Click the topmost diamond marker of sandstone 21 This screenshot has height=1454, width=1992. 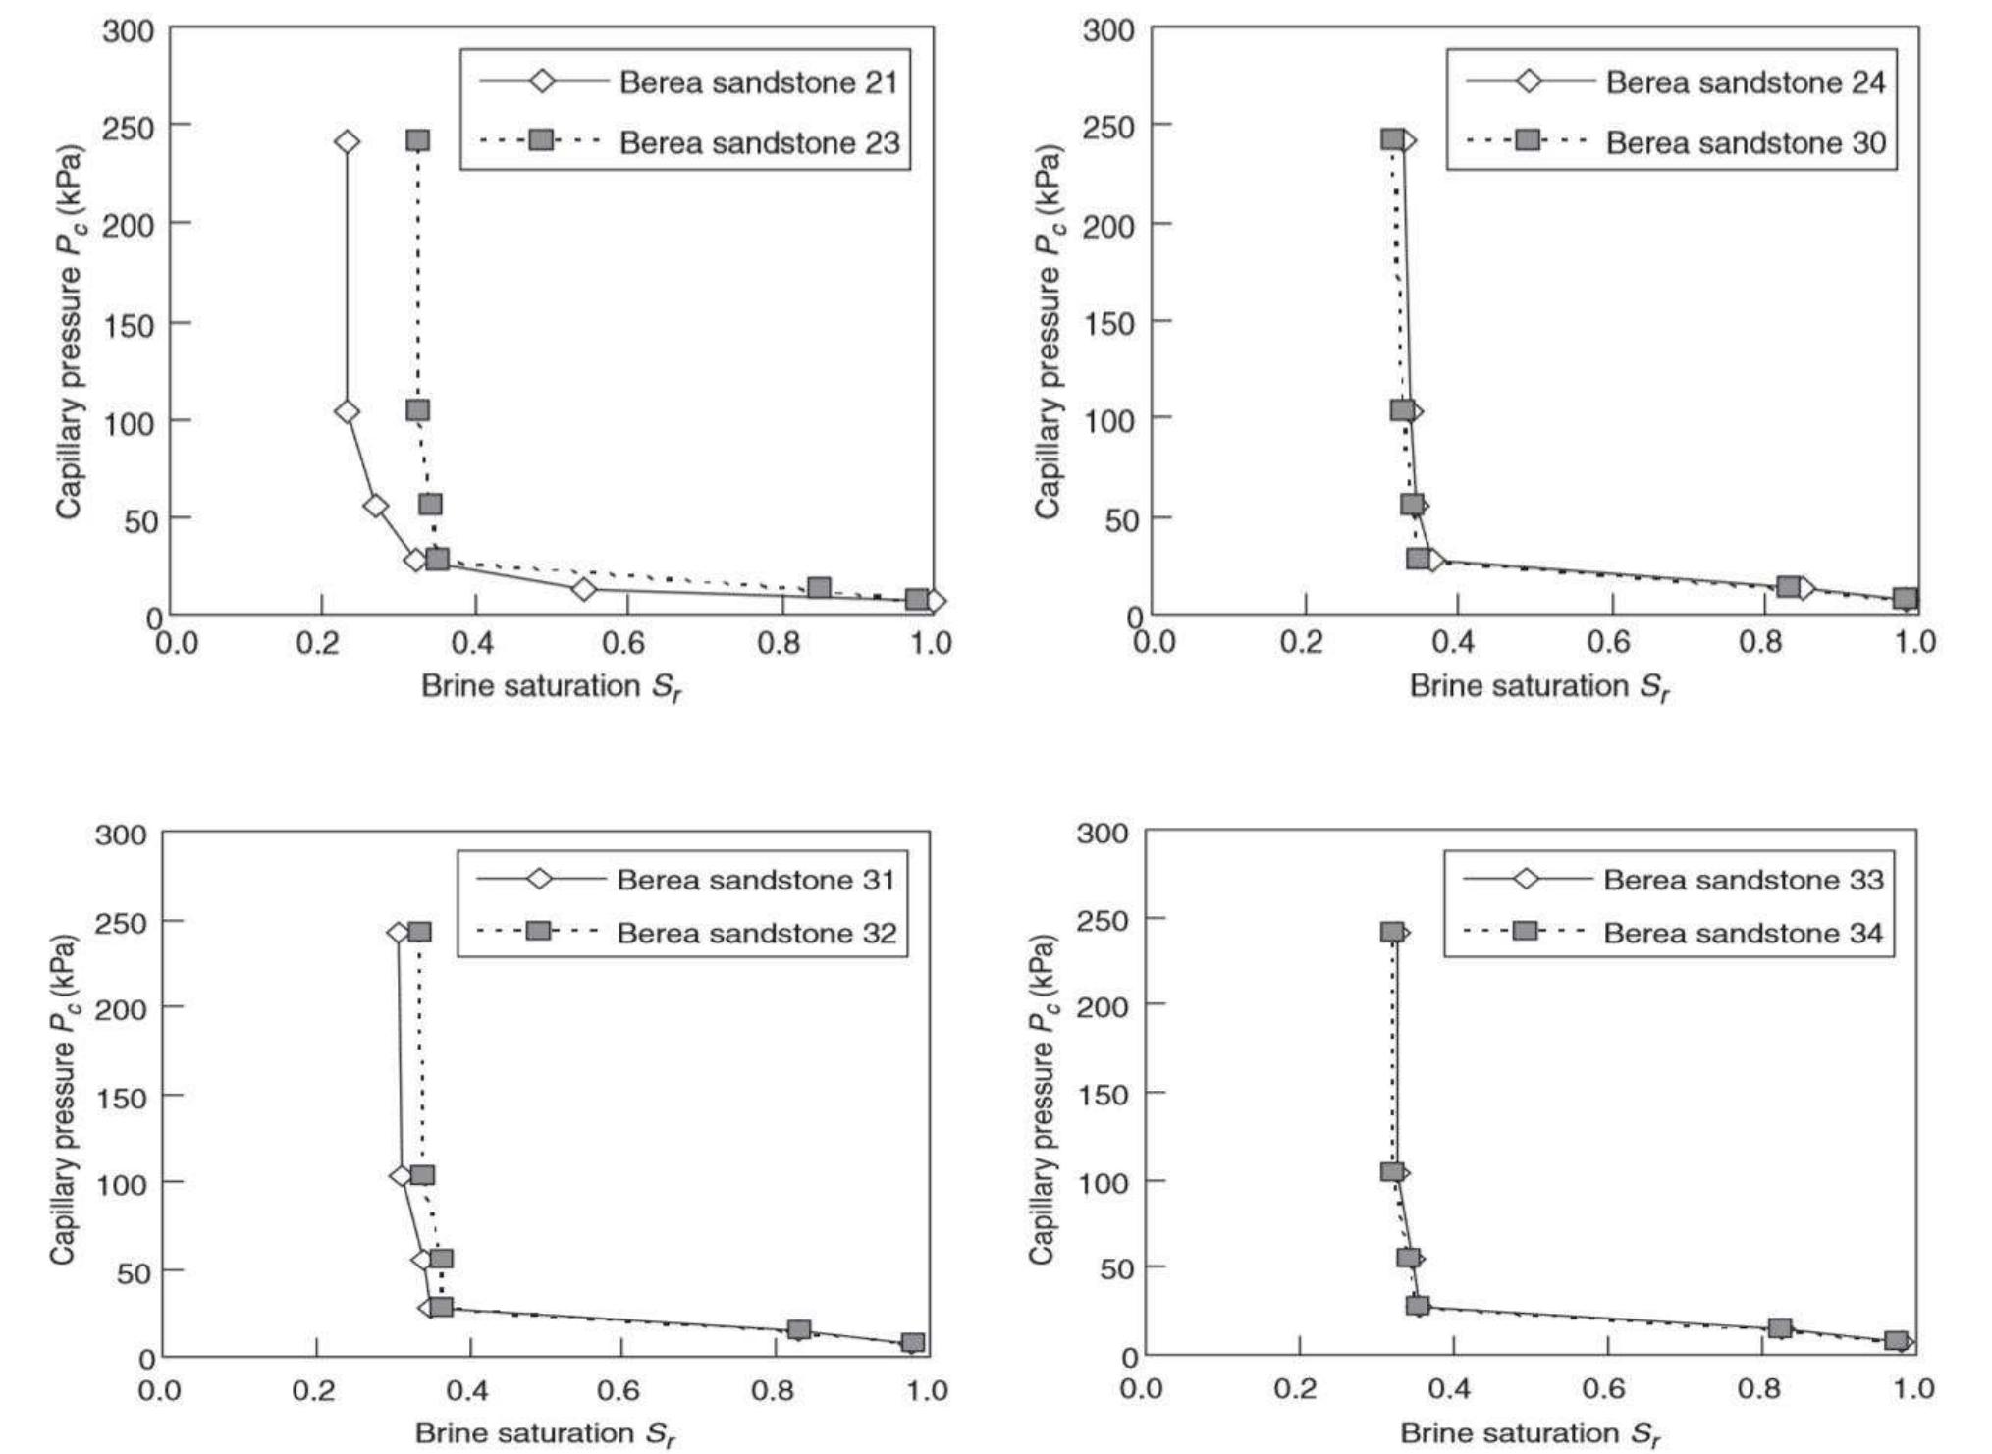(347, 142)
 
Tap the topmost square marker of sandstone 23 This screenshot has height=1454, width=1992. (417, 140)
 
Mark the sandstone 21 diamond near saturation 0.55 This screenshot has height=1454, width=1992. (584, 589)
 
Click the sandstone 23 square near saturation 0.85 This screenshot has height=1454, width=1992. (819, 588)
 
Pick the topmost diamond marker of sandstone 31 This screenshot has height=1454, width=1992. (398, 933)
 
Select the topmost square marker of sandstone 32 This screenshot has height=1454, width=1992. (419, 932)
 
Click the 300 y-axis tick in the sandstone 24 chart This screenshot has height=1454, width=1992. (1109, 30)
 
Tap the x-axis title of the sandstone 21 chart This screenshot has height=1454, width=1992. (552, 686)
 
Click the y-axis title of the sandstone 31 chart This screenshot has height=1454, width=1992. (63, 1100)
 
